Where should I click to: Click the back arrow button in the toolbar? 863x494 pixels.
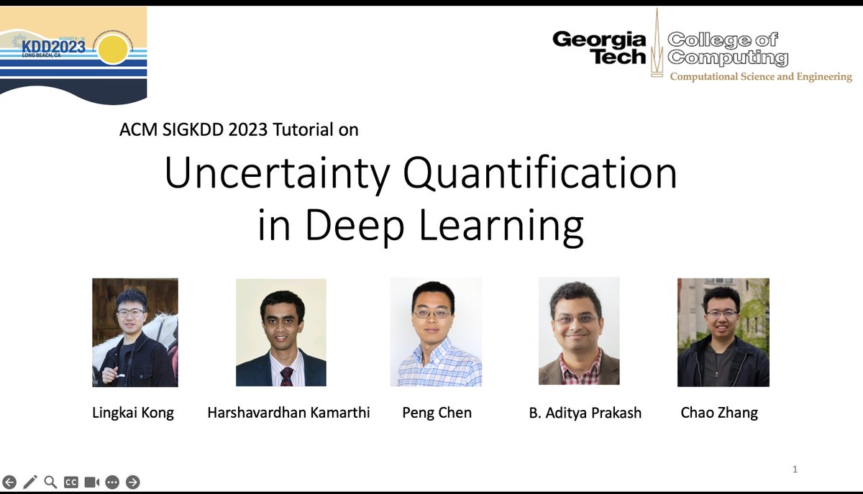pos(9,482)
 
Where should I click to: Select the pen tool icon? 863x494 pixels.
pos(30,482)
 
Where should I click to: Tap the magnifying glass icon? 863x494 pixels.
pos(50,482)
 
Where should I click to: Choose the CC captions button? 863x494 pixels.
pos(71,482)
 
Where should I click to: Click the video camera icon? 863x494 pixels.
pos(91,482)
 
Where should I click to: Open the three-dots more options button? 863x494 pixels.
pos(112,482)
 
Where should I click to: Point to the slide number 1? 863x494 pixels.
pos(795,470)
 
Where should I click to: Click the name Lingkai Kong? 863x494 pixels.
pos(133,413)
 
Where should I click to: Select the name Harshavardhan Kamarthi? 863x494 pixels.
pos(288,413)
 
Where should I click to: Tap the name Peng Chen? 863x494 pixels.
pos(437,413)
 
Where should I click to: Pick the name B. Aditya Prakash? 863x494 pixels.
pos(585,413)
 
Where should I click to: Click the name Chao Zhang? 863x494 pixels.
pos(719,413)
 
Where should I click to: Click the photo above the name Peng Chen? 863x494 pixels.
pos(436,332)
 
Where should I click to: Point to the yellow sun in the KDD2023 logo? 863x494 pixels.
pos(113,50)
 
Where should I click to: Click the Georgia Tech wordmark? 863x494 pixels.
pos(600,47)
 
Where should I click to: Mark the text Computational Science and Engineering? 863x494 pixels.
pos(761,77)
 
